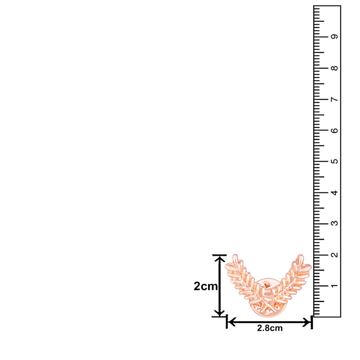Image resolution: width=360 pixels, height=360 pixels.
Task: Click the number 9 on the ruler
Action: [x=334, y=36]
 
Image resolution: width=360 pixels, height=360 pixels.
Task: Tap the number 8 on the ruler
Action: [x=334, y=68]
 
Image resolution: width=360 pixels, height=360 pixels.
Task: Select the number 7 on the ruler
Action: [x=334, y=99]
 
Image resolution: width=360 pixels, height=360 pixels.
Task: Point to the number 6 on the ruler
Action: [x=334, y=130]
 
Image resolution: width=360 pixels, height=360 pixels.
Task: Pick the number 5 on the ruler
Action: [x=334, y=161]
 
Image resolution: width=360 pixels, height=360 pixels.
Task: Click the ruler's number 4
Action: [x=334, y=192]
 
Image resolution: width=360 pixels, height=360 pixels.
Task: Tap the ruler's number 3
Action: [x=334, y=223]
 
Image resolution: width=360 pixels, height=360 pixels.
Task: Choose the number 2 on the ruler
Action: [x=334, y=255]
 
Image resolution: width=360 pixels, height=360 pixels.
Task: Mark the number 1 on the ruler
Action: [x=334, y=285]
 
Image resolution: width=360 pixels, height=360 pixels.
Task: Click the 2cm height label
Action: [x=206, y=286]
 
